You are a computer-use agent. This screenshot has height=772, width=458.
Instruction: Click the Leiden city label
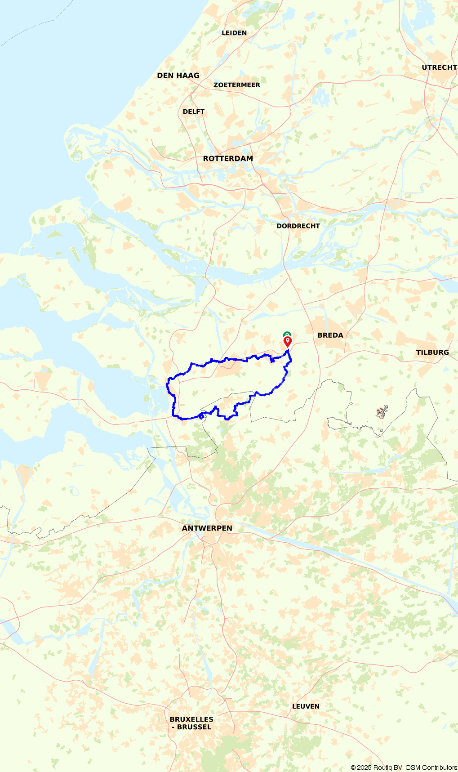click(234, 33)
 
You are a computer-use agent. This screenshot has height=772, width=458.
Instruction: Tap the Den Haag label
click(178, 76)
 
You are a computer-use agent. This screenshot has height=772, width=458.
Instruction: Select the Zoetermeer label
click(236, 85)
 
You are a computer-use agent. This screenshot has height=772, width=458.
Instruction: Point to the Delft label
click(194, 112)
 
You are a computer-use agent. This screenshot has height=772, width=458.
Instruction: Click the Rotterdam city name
click(228, 158)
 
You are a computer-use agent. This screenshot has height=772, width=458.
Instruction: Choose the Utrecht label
click(439, 67)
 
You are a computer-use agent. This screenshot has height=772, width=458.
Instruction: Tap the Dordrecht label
click(298, 226)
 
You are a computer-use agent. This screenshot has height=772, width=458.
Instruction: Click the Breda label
click(330, 335)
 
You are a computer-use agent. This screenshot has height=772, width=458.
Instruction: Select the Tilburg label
click(432, 352)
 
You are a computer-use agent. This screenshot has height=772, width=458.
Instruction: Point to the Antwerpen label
click(207, 528)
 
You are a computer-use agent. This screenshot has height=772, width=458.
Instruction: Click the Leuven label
click(306, 706)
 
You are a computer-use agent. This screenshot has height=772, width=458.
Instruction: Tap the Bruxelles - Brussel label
click(191, 723)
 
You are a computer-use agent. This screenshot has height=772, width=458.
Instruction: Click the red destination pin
click(288, 342)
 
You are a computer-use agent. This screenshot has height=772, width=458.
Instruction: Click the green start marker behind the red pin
click(287, 334)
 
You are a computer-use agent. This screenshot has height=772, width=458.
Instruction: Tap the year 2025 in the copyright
click(365, 768)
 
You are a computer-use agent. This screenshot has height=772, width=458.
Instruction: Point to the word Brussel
click(194, 727)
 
